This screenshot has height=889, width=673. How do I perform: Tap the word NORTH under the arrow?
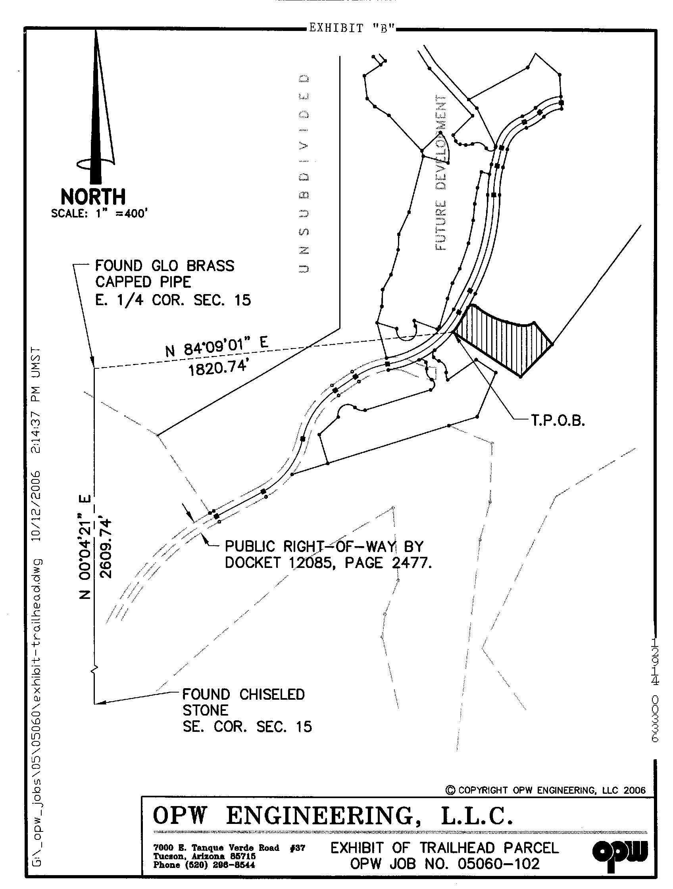[x=93, y=197]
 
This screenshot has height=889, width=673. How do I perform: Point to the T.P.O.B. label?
[x=558, y=421]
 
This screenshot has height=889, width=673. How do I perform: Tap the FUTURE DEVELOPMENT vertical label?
[x=441, y=173]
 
